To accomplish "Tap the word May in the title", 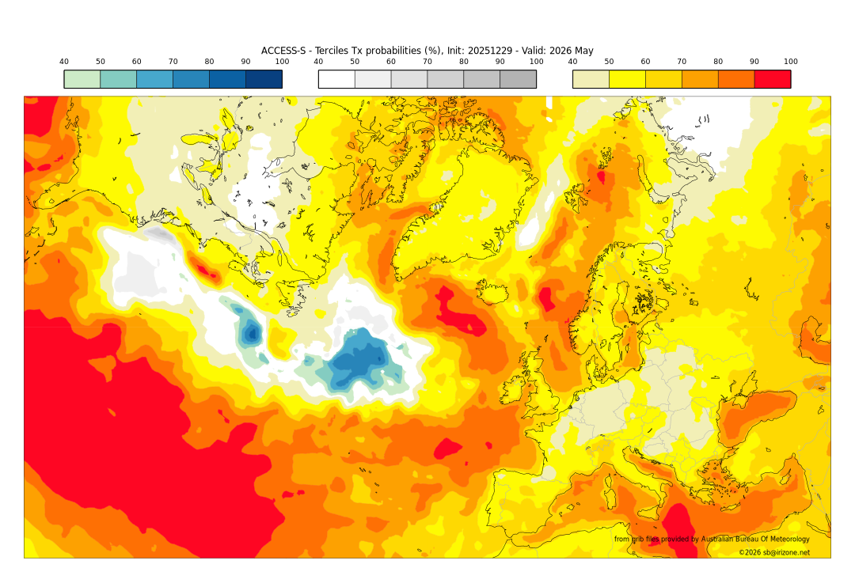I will pyautogui.click(x=583, y=51).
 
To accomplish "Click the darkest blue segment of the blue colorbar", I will pyautogui.click(x=264, y=79).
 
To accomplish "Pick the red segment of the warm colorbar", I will pyautogui.click(x=772, y=79).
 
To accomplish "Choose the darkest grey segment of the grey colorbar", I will pyautogui.click(x=518, y=79).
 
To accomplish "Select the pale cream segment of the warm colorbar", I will pyautogui.click(x=591, y=79).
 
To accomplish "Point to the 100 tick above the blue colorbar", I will pyautogui.click(x=282, y=62).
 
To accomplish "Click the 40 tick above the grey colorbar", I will pyautogui.click(x=318, y=62).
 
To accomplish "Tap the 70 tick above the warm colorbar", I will pyautogui.click(x=682, y=62).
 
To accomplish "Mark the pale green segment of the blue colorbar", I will pyautogui.click(x=82, y=79).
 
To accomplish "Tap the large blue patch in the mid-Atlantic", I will pyautogui.click(x=360, y=360).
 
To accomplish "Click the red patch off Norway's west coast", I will pyautogui.click(x=545, y=299).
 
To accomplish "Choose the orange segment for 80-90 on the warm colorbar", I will pyautogui.click(x=735, y=79).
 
